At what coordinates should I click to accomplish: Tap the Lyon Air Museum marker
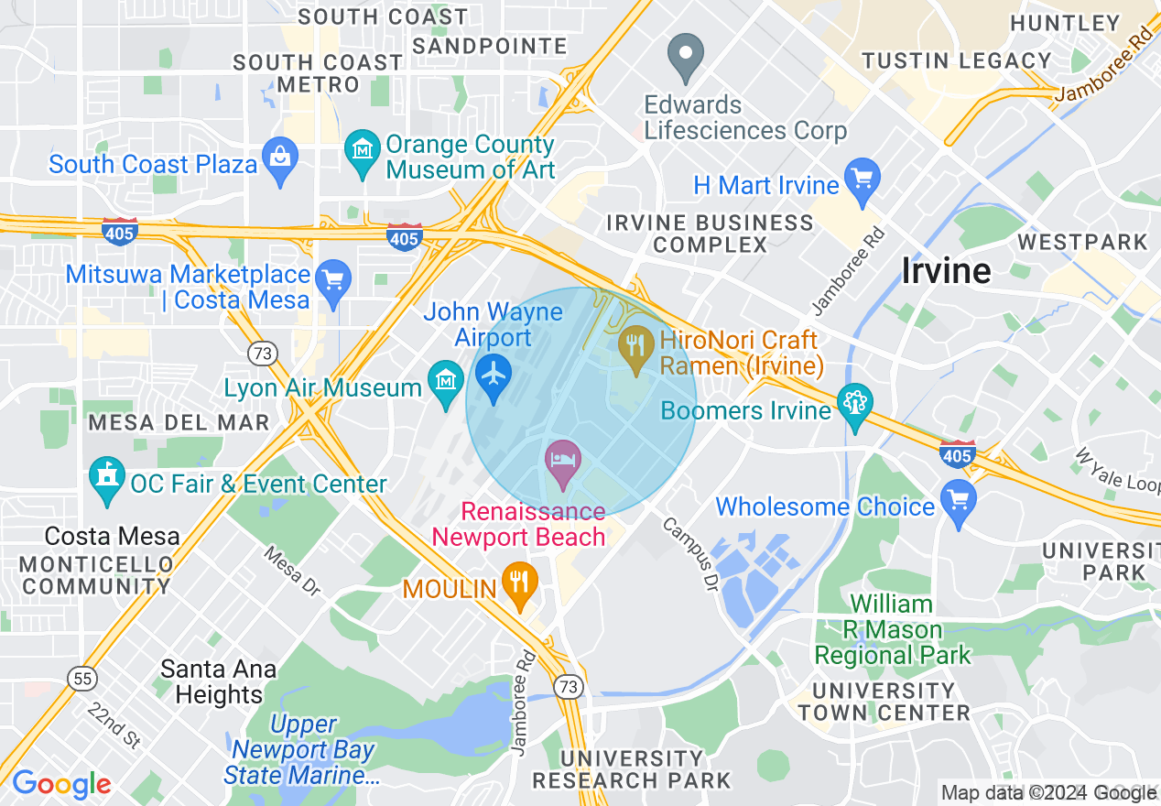446,383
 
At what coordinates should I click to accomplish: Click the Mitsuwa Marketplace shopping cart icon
333,282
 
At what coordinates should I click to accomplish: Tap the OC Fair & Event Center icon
107,480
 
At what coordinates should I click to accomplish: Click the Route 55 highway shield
81,679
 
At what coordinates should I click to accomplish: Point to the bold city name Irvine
946,270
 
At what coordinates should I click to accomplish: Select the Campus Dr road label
689,554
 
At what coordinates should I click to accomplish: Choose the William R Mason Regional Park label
892,630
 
